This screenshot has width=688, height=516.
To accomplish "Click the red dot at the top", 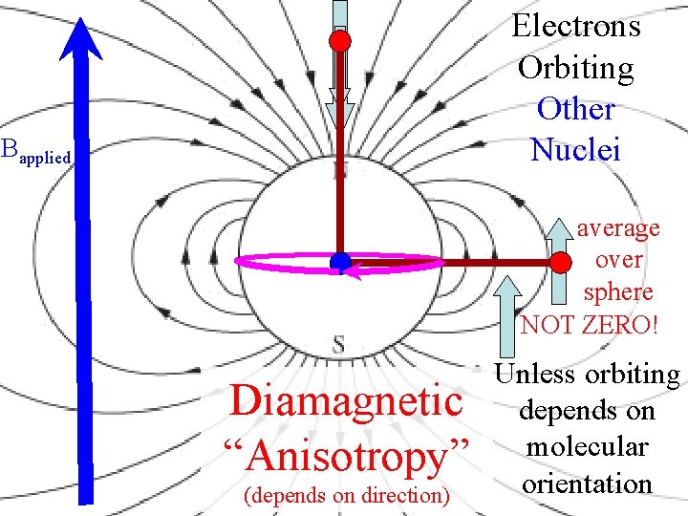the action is (x=340, y=40).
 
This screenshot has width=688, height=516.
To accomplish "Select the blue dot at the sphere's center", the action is (x=339, y=263).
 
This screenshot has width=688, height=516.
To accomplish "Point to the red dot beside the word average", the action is (x=562, y=262).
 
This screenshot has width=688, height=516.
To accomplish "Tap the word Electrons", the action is (x=576, y=26).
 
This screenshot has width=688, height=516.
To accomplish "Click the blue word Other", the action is (x=576, y=109).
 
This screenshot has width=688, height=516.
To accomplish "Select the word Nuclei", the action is (x=576, y=150).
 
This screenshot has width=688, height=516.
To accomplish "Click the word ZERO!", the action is (x=618, y=325).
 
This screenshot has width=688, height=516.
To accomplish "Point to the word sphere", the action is (x=618, y=291).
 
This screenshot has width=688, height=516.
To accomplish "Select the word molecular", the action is (x=586, y=447).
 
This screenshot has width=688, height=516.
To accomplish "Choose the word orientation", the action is (x=586, y=483).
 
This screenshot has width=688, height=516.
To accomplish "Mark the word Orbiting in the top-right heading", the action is (x=576, y=68).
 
